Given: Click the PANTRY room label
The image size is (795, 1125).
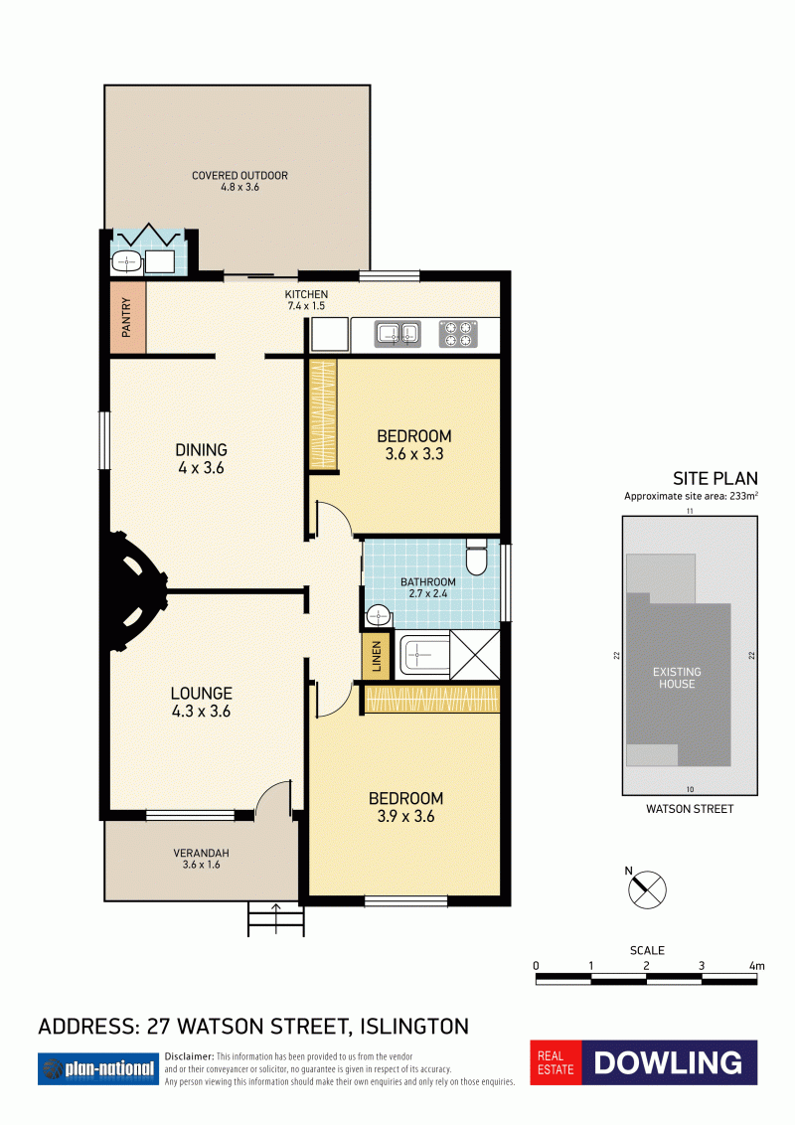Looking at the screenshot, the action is pos(126,317).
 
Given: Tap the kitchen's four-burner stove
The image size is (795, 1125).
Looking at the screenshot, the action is pos(458,334).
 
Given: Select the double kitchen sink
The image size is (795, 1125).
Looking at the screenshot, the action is pos(397,334).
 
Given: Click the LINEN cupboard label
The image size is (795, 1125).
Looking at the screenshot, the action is pos(376,656).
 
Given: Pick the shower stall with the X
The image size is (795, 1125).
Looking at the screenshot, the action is pos(475,654).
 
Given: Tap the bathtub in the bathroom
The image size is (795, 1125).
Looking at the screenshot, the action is pos(424,654).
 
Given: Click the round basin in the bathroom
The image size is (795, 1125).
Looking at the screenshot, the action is pos(378,615).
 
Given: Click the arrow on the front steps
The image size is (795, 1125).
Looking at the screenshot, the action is pos(276,917).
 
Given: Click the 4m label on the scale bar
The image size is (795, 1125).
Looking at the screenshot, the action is pos(756,966).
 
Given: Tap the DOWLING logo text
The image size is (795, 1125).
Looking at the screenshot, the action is pos(668,1062).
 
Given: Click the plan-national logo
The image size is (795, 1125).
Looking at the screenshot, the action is pos(98,1069).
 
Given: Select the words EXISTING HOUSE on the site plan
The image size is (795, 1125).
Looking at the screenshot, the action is pos(677,678).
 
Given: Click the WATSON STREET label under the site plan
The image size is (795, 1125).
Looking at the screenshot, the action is pos(690,809).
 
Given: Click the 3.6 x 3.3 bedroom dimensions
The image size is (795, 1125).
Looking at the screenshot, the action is pos(414,454).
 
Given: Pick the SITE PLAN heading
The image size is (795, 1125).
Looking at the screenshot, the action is pos(715,479).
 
